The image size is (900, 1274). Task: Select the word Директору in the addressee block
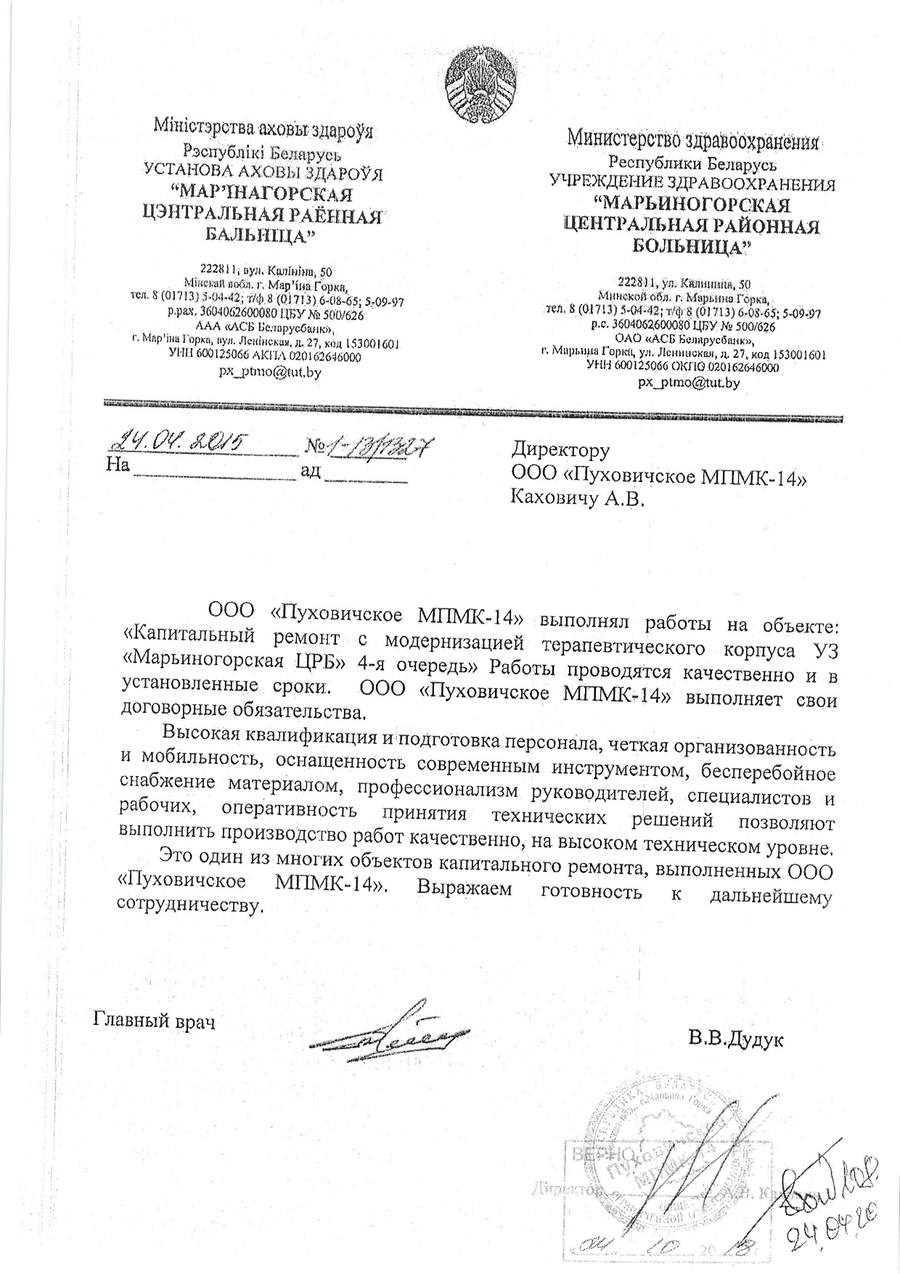(x=560, y=451)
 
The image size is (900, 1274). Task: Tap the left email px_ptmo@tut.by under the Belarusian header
(x=270, y=372)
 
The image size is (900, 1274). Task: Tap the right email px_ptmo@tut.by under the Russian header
(x=689, y=383)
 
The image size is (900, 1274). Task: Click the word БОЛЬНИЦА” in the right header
(x=692, y=245)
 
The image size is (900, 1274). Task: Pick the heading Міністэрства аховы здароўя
(x=263, y=130)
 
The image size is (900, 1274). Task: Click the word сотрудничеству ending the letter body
(x=188, y=907)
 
